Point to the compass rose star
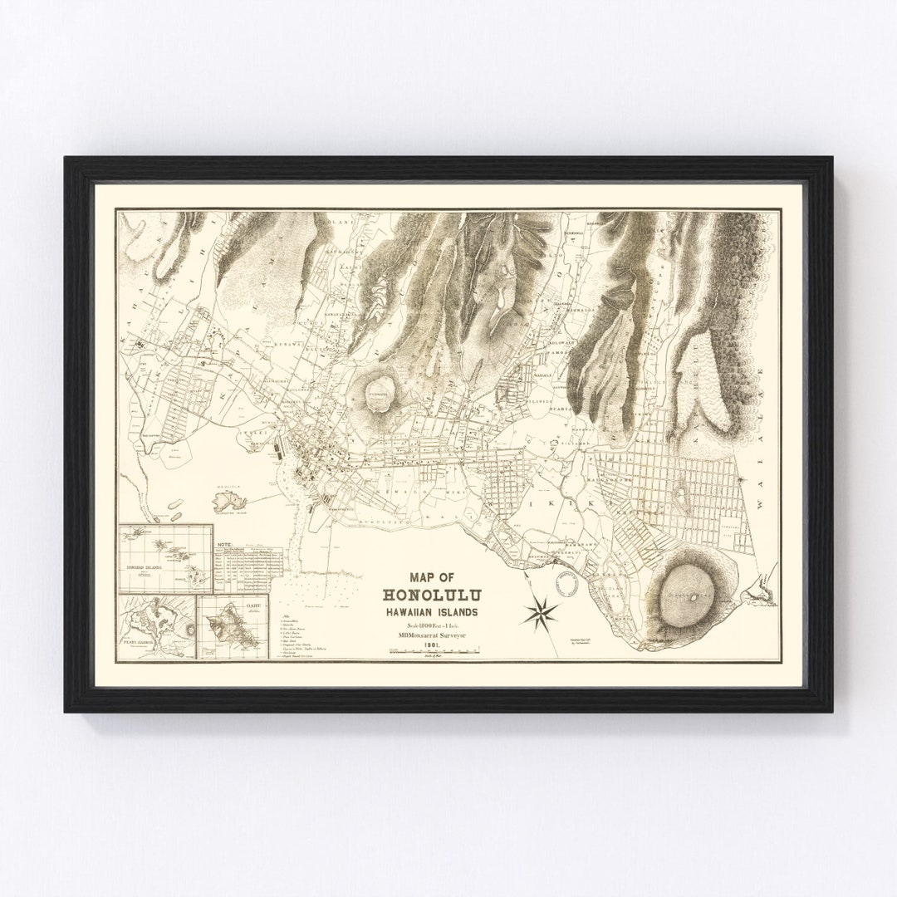(x=539, y=613)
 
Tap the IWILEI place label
(x=252, y=434)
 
